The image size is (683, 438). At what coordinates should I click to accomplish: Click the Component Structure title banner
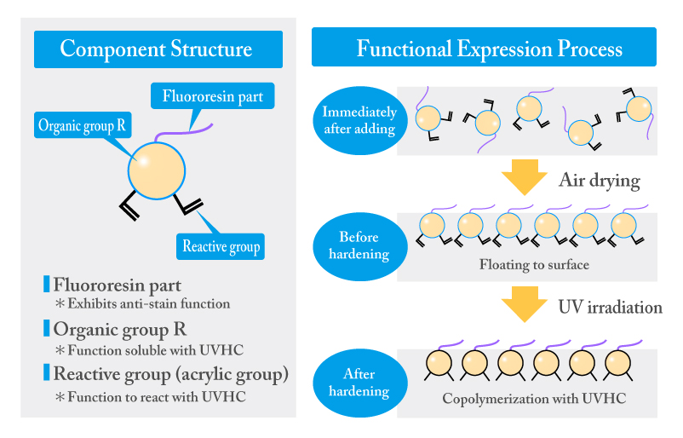tap(158, 49)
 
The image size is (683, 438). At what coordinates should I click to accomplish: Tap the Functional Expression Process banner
tap(484, 47)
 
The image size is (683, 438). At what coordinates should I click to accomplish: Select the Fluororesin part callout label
tap(213, 96)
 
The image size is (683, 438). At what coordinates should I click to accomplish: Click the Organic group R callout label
tap(83, 125)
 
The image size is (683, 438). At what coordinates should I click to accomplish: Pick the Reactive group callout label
tap(221, 246)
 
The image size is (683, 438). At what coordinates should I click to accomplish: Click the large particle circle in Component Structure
tap(157, 170)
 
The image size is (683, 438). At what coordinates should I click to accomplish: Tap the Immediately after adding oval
tap(359, 121)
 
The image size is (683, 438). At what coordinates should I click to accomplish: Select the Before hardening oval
tap(359, 246)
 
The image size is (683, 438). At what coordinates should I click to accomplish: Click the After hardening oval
tap(359, 383)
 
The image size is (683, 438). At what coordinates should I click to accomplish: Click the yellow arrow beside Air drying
tap(525, 177)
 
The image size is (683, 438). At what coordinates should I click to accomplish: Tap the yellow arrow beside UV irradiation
tap(525, 304)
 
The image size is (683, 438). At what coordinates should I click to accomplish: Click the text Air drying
tap(600, 181)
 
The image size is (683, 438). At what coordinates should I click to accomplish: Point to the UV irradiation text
tap(611, 308)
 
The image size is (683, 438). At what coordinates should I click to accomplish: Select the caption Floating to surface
tap(534, 264)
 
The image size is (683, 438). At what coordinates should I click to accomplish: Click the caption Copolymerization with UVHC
tap(534, 398)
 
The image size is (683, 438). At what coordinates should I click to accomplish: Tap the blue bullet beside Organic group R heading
tap(47, 328)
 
